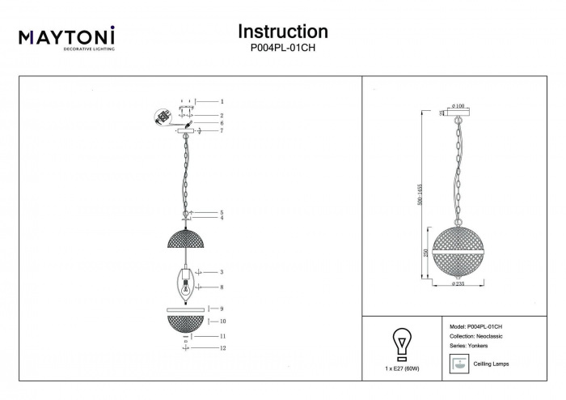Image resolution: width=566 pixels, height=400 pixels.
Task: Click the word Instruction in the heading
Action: [x=282, y=32]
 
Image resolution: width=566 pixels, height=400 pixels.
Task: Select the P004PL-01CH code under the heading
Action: [x=283, y=49]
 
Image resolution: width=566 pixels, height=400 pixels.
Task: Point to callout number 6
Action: [x=221, y=123]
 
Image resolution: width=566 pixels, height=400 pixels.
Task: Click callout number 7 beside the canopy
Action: [x=221, y=131]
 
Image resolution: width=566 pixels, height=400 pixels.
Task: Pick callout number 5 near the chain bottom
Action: [x=221, y=212]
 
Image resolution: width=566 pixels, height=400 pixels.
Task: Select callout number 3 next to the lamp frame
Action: [x=221, y=273]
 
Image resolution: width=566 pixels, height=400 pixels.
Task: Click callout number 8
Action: [x=221, y=287]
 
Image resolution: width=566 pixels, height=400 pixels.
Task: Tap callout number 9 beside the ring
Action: [x=221, y=309]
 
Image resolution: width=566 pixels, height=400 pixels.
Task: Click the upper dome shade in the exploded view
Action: [x=185, y=239]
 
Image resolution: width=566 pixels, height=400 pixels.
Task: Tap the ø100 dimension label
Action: [x=458, y=106]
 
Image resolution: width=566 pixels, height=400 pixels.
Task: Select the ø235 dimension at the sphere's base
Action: [x=458, y=284]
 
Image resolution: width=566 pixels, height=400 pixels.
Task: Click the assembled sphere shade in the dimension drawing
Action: [x=458, y=250]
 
